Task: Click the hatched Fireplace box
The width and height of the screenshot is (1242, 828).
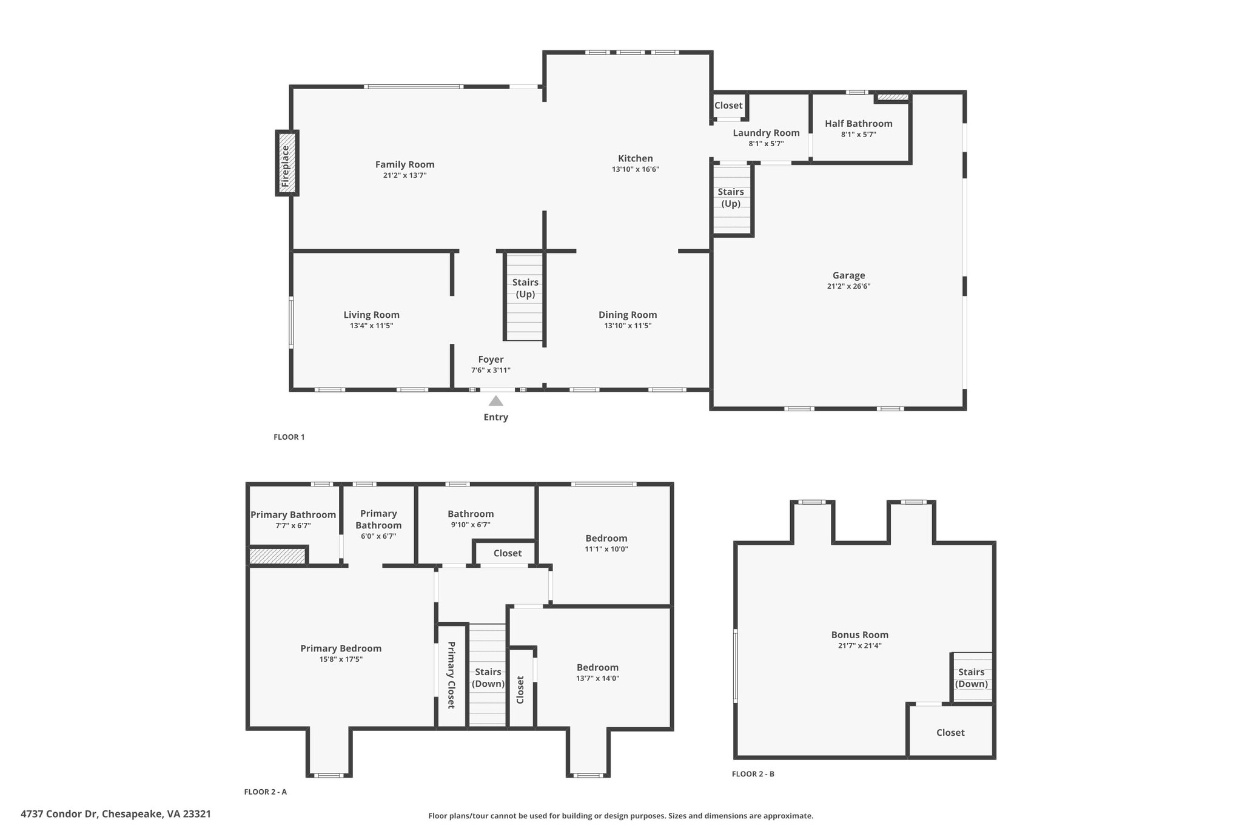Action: (x=287, y=163)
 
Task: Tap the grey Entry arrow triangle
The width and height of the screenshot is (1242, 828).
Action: (x=496, y=400)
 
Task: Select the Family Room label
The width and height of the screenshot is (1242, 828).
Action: (x=404, y=164)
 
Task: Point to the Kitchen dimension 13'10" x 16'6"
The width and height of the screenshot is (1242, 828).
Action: (x=636, y=170)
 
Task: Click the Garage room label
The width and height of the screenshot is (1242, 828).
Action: (x=848, y=275)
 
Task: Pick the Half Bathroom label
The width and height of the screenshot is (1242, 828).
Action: (x=859, y=124)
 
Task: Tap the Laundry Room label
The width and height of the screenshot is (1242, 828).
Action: (x=766, y=133)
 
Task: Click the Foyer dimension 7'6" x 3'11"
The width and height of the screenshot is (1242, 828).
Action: (x=491, y=371)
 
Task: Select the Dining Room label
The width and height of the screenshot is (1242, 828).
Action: (x=628, y=315)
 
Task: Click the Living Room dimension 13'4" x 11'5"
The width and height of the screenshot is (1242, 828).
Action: (x=372, y=326)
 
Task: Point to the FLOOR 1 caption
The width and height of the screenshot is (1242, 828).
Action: (x=289, y=437)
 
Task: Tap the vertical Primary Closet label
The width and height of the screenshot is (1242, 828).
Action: (x=451, y=675)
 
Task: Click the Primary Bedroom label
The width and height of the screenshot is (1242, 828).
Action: (x=341, y=648)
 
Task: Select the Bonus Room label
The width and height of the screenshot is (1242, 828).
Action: (x=860, y=635)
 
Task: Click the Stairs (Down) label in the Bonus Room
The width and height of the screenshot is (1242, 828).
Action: (x=972, y=678)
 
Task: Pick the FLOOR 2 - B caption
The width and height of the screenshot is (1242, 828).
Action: (x=753, y=774)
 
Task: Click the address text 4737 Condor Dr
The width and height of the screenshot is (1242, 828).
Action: (x=59, y=814)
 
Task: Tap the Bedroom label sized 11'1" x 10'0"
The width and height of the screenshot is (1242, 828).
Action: (x=606, y=538)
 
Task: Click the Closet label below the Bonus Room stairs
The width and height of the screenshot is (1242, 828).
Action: (x=950, y=733)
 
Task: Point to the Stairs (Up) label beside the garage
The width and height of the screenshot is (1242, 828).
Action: (x=731, y=198)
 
